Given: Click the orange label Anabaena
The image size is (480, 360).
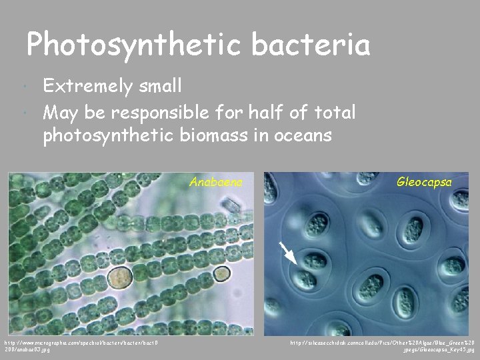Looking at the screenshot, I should point(216,181).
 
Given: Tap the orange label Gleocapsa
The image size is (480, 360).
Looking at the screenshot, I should point(424,181).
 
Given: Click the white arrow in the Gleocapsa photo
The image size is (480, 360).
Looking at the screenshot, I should point(287,253).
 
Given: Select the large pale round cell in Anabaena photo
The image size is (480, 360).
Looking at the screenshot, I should point(120,277).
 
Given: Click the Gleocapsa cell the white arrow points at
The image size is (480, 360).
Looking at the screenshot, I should point(307,279).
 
